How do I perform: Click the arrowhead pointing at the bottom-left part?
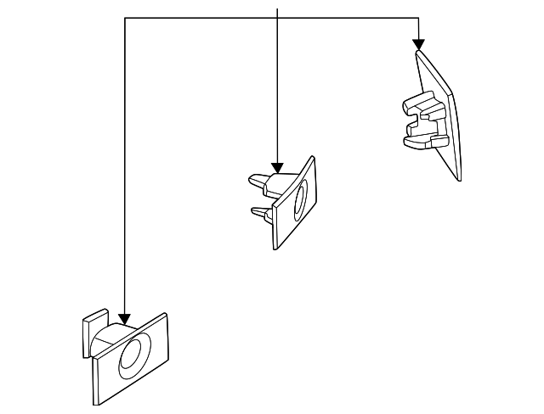[125, 319]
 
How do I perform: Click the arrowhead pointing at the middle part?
[278, 167]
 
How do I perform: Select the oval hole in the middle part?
[300, 202]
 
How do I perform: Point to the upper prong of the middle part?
[260, 181]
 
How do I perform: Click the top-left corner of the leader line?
[125, 18]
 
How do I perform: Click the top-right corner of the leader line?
[418, 18]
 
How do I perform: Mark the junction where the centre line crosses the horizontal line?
[278, 18]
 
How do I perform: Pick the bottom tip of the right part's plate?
[459, 180]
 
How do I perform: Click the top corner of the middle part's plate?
[312, 157]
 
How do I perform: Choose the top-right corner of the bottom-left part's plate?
[165, 314]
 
